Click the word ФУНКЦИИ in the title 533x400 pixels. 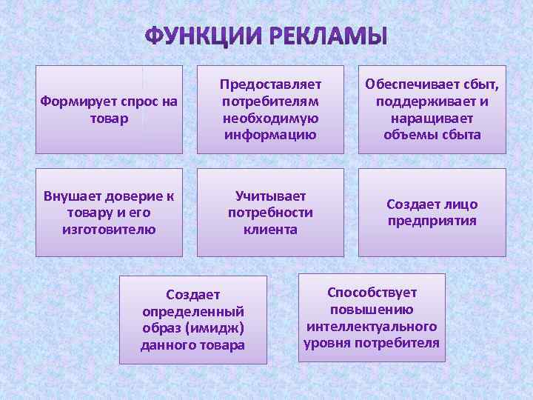[204, 36]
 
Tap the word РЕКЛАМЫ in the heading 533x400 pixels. [326, 36]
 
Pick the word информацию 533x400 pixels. [270, 135]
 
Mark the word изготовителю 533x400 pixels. [109, 229]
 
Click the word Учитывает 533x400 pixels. [270, 196]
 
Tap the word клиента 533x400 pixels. [270, 229]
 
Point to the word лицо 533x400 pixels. [461, 204]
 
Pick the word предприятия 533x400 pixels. [432, 221]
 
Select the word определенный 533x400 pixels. [193, 312]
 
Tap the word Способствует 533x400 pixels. [372, 293]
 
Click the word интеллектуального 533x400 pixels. [372, 326]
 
